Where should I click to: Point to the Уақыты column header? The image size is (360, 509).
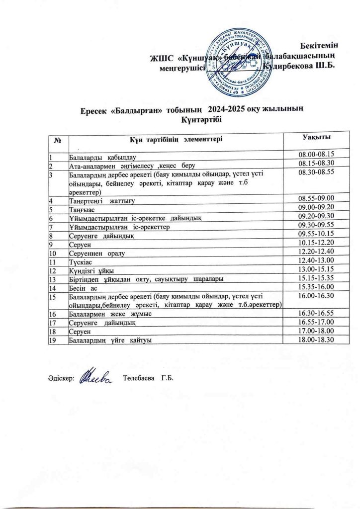coord(316,136)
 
